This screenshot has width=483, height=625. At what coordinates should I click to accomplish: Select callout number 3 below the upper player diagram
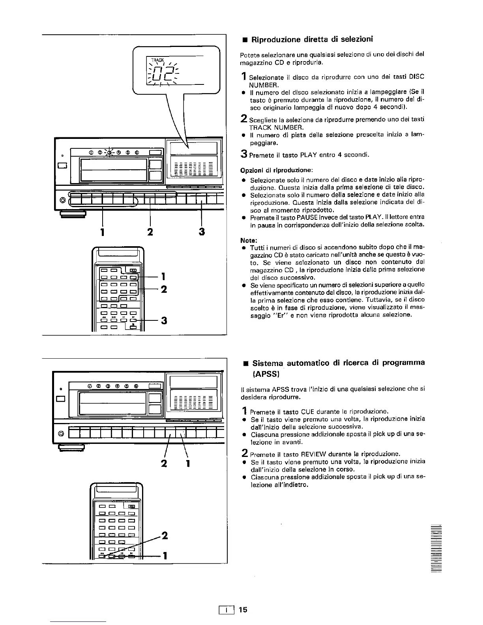pos(202,232)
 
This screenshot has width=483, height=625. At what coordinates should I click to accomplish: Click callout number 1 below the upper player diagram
pos(103,232)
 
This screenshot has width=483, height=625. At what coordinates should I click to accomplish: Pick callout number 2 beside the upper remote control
pos(164,289)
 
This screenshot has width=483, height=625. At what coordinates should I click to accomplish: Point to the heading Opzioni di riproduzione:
pos(277,170)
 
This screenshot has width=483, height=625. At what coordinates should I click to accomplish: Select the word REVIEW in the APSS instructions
pos(304,454)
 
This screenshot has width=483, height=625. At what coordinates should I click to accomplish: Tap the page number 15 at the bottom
pos(243,610)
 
